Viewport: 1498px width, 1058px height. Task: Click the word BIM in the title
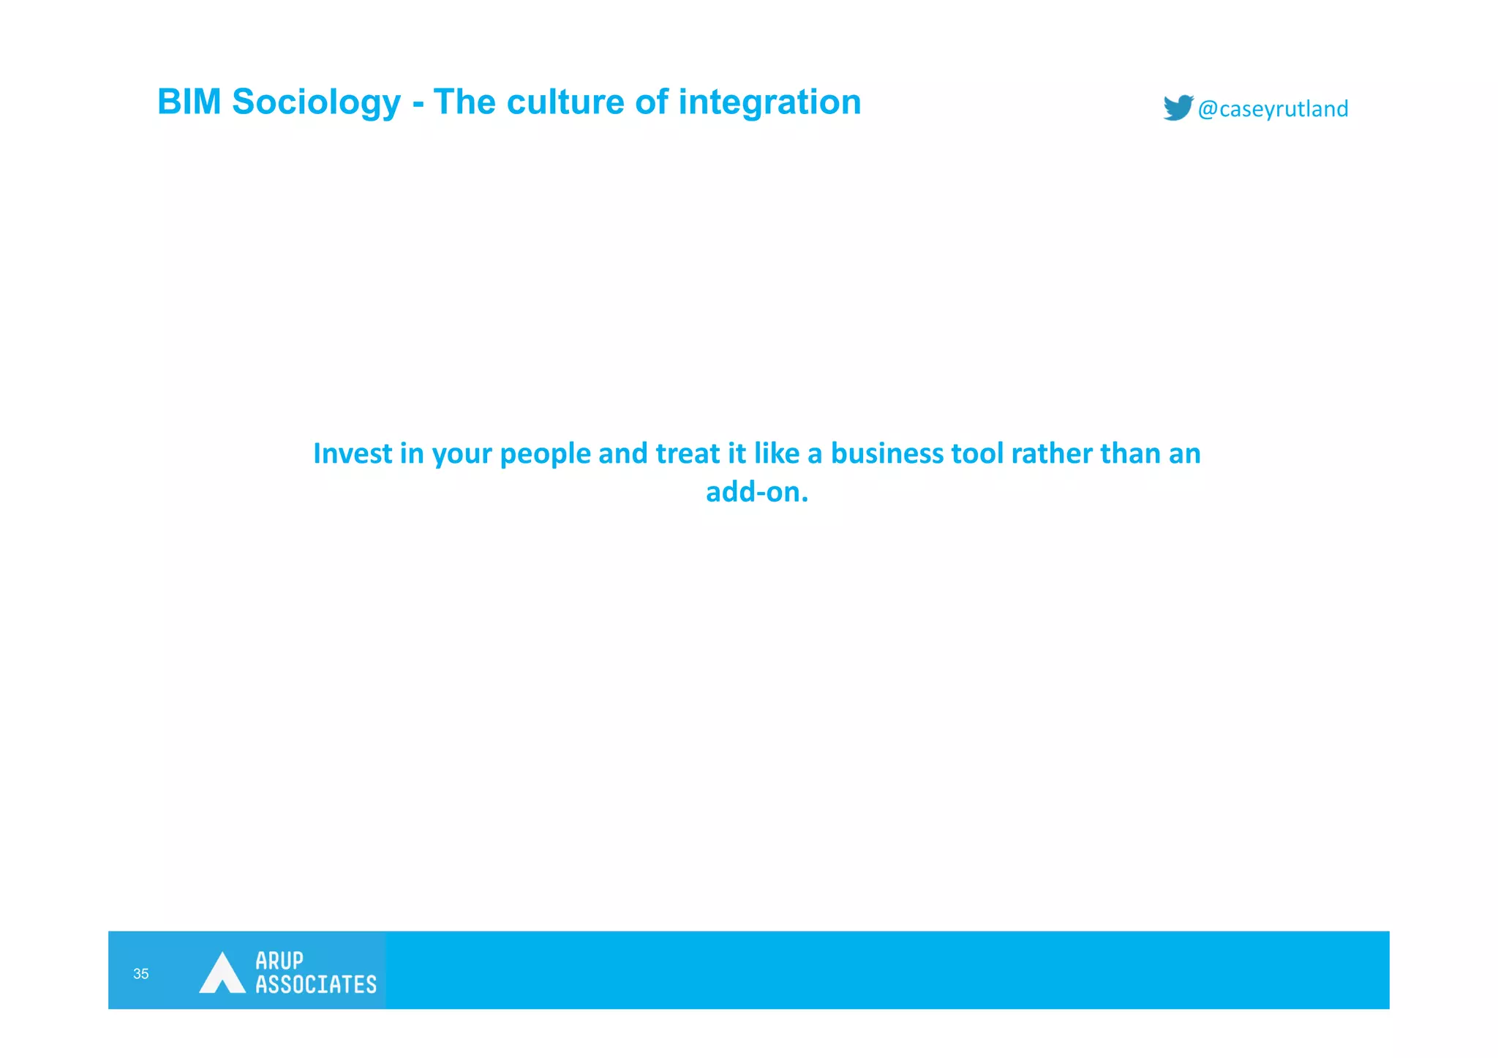coord(189,102)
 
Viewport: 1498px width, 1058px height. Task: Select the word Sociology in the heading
coord(316,103)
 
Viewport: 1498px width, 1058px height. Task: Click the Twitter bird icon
coord(1178,107)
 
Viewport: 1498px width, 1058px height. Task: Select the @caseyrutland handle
coord(1273,109)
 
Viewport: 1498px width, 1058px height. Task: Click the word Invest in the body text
coord(353,453)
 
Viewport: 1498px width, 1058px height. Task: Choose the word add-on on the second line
coord(756,492)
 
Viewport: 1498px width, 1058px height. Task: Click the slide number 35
coord(141,973)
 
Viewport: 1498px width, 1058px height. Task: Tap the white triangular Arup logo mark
coord(222,972)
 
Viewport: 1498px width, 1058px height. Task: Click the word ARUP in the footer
coord(279,960)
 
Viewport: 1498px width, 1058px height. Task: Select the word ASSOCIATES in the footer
coord(316,984)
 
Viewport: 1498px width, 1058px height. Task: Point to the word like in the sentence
coord(777,453)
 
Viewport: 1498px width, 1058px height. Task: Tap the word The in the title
coord(464,102)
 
